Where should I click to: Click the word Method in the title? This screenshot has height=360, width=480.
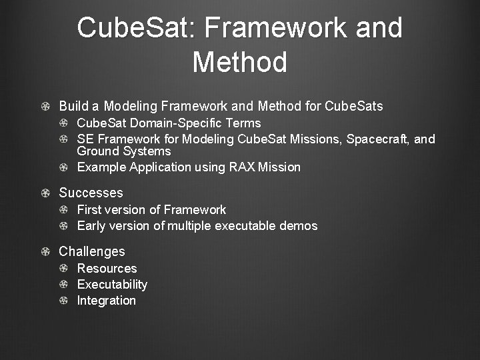[240, 62]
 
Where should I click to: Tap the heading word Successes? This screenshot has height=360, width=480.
[91, 193]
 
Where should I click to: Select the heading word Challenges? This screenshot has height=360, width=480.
[91, 251]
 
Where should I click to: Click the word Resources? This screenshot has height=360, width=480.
[107, 269]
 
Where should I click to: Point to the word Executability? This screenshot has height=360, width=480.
[112, 285]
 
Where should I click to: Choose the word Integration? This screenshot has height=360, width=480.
[106, 301]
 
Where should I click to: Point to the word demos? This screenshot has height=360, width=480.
[298, 226]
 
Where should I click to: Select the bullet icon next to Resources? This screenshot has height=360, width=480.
[63, 269]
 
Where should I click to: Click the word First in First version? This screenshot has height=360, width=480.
[89, 210]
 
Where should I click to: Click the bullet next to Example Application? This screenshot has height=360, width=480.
[63, 167]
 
